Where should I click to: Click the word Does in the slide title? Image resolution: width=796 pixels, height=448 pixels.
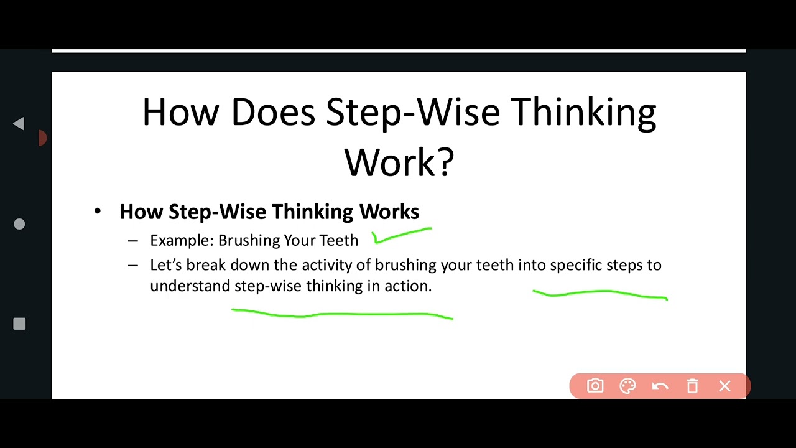tap(272, 113)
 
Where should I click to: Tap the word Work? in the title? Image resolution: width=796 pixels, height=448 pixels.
tap(399, 162)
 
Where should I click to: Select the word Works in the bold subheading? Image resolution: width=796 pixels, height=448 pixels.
tap(389, 212)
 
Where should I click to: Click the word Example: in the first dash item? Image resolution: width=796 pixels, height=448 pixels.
tap(182, 240)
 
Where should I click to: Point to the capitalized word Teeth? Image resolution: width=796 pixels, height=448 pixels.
tap(338, 240)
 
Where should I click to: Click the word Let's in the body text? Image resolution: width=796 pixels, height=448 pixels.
tap(166, 265)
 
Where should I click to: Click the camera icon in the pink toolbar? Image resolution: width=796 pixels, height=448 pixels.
tap(595, 386)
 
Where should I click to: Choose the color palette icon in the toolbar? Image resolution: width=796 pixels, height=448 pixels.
tap(627, 386)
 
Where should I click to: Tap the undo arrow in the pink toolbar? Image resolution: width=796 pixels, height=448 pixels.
tap(660, 386)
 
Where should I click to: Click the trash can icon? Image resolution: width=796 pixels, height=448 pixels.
tap(692, 386)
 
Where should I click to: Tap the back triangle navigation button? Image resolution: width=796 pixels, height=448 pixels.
tap(19, 124)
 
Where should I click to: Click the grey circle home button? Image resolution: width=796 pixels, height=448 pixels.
tap(19, 224)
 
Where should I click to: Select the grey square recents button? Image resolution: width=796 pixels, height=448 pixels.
tap(19, 324)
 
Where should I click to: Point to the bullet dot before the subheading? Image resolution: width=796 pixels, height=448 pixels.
tap(98, 212)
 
